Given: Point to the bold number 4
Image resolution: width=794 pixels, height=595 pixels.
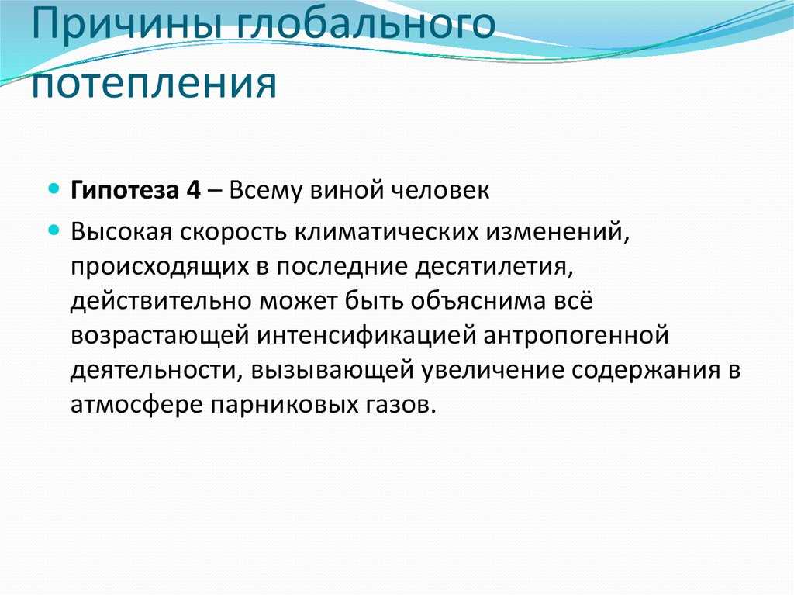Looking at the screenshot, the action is [x=193, y=190].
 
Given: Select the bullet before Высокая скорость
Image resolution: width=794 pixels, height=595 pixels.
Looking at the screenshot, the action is [x=54, y=230].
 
